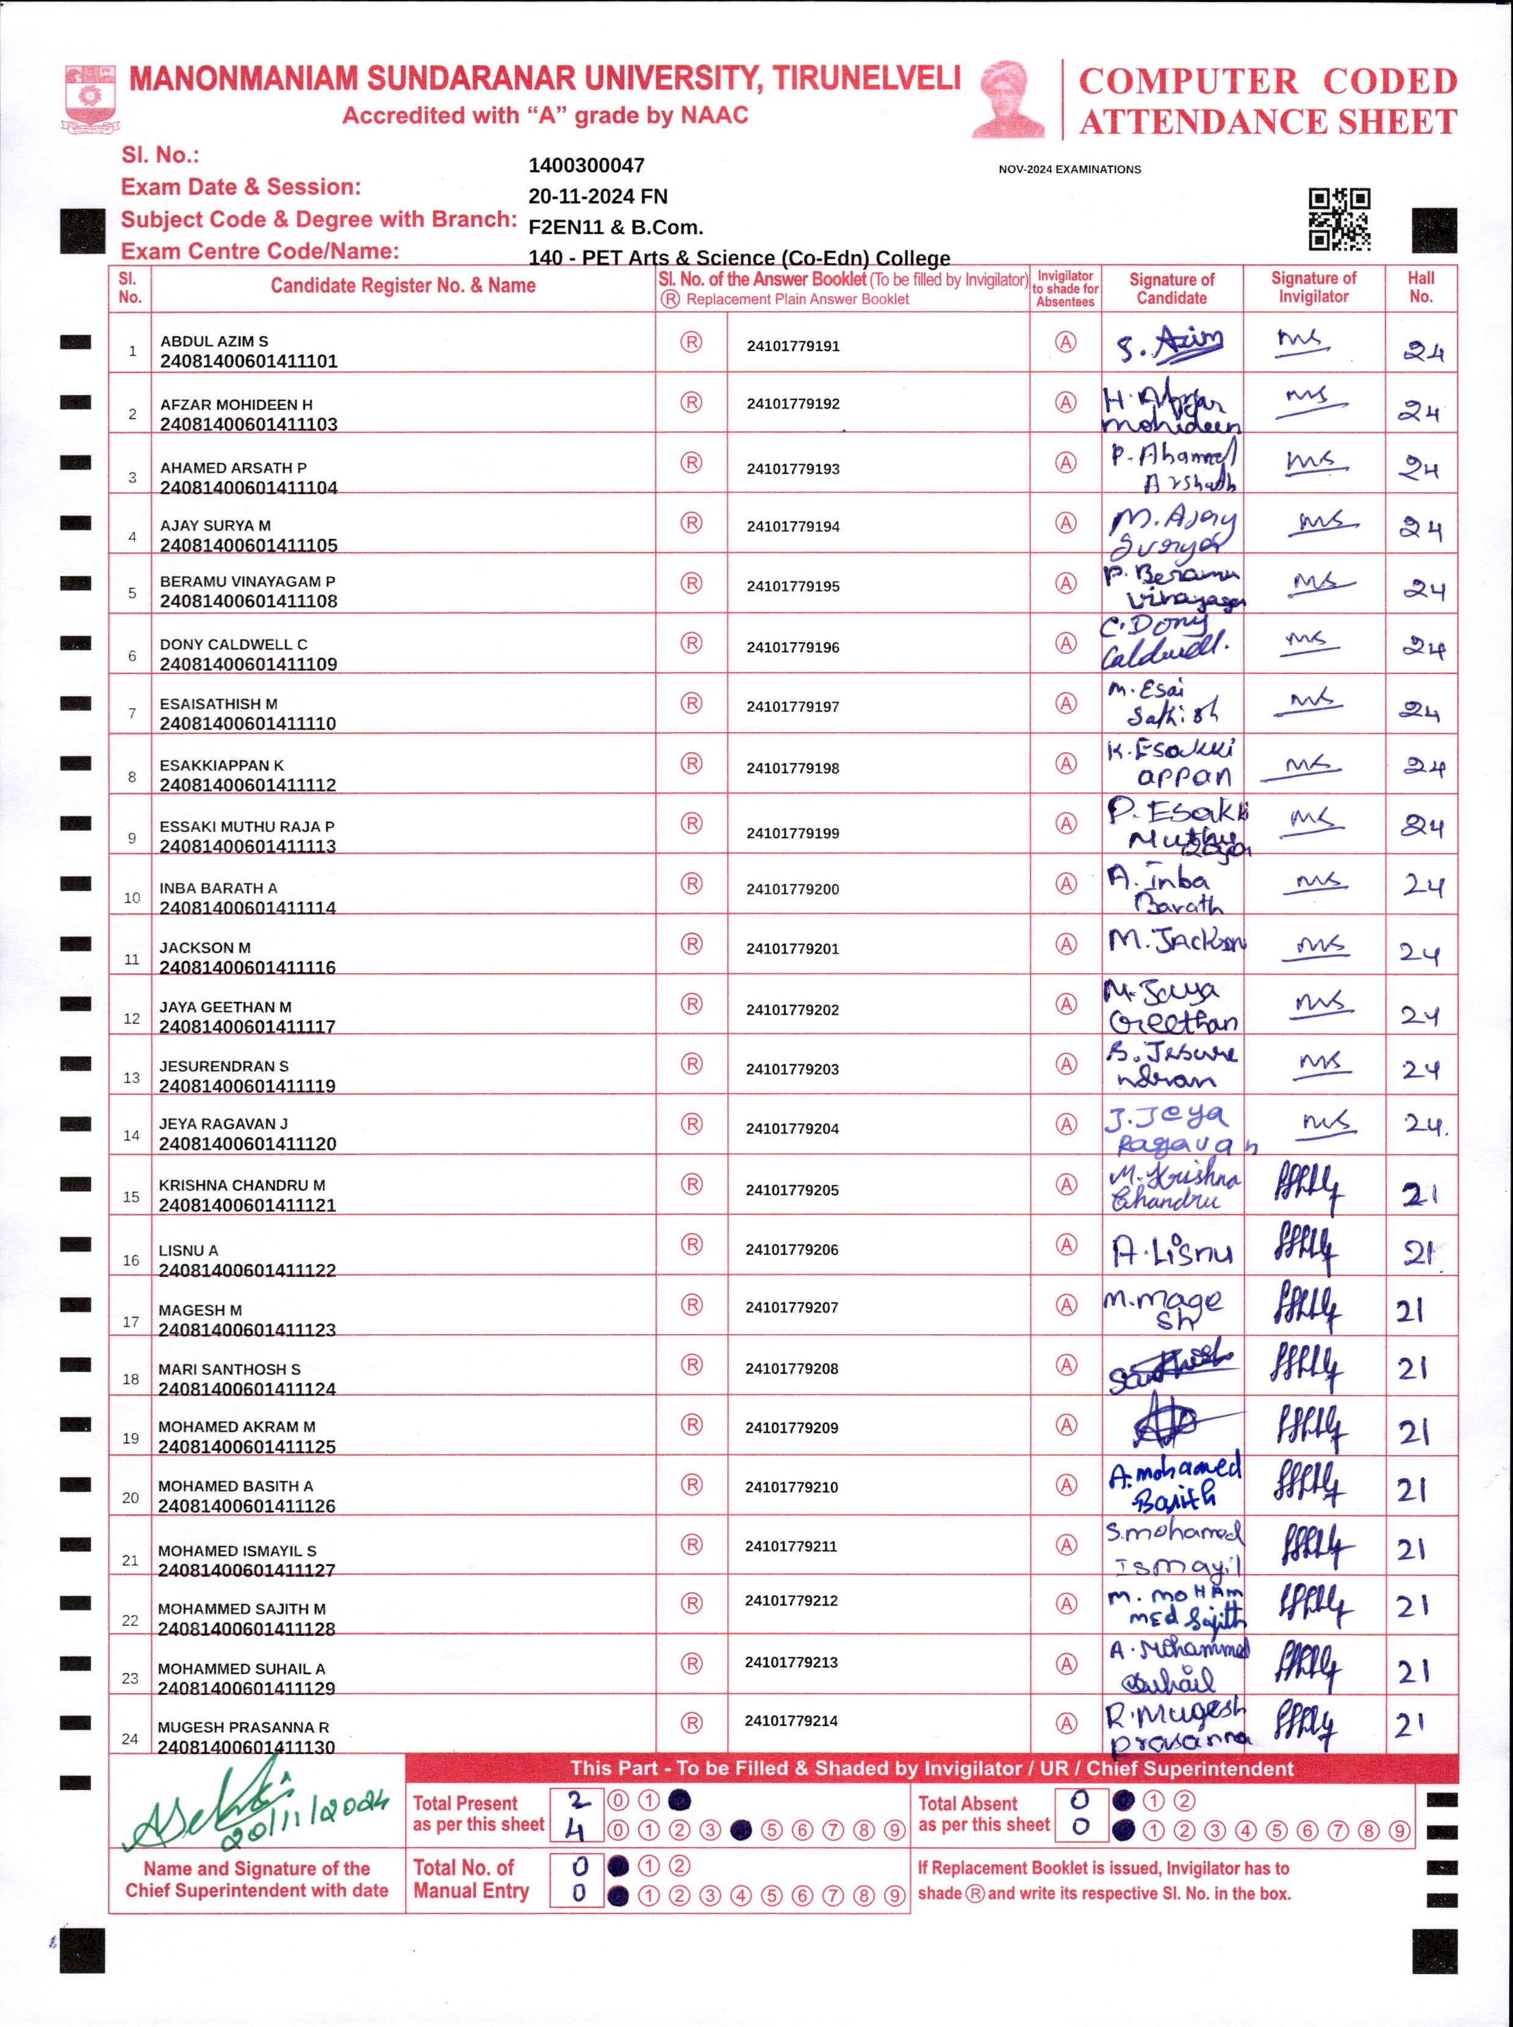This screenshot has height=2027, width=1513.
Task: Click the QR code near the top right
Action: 1339,220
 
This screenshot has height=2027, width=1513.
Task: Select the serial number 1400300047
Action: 586,166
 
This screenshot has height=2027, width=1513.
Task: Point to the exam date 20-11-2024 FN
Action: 597,197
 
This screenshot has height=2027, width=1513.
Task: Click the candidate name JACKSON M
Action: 204,948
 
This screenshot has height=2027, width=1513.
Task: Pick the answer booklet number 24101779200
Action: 792,889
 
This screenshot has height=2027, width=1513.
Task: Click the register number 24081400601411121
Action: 247,1205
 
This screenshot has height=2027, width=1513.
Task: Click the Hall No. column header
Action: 1420,287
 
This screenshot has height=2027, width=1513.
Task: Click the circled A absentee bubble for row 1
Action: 1065,343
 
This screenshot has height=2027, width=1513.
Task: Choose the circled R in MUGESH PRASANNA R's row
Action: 691,1723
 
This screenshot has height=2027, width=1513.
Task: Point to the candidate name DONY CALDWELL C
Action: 234,644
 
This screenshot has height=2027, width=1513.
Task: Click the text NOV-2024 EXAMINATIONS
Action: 1069,170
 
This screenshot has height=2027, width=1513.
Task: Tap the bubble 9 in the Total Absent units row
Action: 1398,1831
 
